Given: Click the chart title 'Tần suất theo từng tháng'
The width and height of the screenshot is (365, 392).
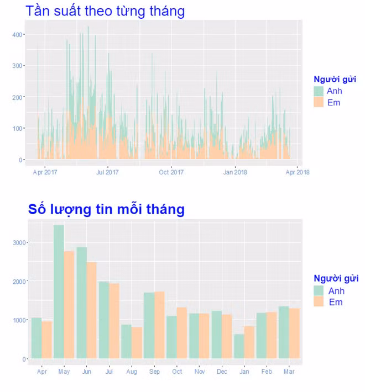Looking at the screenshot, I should tap(105, 10).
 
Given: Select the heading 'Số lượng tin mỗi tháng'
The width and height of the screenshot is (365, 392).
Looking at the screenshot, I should tap(106, 209).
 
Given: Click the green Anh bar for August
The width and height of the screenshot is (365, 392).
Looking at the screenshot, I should tap(127, 341).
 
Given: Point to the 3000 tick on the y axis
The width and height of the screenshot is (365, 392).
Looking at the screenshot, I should tap(20, 243).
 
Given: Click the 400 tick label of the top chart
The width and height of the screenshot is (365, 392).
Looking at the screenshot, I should tap(19, 35).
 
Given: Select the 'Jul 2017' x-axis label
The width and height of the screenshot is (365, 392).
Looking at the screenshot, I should tap(108, 172).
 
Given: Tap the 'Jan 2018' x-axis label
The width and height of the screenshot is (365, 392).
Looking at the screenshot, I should tap(235, 172).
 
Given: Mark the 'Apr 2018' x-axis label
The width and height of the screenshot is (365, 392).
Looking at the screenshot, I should tap(298, 172).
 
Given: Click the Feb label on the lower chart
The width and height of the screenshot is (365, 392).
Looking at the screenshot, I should tap(267, 372).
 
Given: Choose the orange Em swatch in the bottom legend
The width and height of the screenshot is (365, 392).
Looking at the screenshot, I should tap(319, 302).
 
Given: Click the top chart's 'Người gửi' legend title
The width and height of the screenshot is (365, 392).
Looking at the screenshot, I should tap(335, 80).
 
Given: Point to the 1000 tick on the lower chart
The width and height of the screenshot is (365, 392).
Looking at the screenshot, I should tap(20, 320).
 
